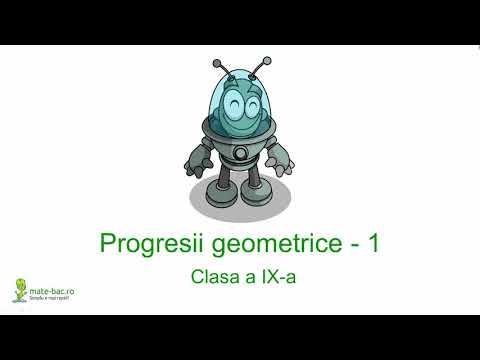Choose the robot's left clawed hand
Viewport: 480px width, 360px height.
point(197,161)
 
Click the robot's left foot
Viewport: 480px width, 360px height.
point(221,204)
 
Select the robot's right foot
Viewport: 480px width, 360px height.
point(261,205)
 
